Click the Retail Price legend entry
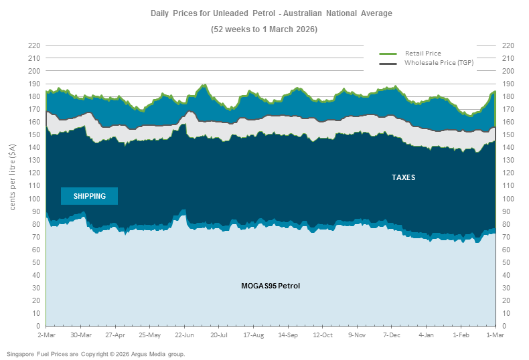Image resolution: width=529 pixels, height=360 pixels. (x=423, y=53)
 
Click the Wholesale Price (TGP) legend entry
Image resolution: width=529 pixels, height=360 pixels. (x=439, y=62)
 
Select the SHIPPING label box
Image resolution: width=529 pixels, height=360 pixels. (x=89, y=196)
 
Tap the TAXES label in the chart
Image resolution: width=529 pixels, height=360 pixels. (x=403, y=178)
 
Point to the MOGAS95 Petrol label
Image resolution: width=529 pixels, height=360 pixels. (x=271, y=286)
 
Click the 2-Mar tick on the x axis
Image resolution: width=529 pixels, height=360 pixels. (x=46, y=335)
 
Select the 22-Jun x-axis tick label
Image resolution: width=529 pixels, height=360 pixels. (x=184, y=335)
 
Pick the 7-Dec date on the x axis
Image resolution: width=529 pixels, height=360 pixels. (x=391, y=335)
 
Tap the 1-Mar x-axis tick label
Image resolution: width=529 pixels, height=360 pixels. (x=494, y=335)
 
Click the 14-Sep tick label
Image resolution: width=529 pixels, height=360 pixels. (x=288, y=335)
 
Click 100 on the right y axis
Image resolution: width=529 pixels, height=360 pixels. (x=507, y=199)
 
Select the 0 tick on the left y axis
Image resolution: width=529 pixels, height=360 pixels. (x=37, y=326)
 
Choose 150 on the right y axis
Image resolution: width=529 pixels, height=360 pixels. (x=507, y=134)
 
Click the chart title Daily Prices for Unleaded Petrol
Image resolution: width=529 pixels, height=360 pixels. (x=264, y=13)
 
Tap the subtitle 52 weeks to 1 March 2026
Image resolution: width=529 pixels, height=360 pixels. (x=264, y=29)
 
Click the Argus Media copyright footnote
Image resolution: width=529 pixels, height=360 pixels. (x=96, y=353)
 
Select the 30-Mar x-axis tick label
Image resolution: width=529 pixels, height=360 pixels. (x=80, y=335)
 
